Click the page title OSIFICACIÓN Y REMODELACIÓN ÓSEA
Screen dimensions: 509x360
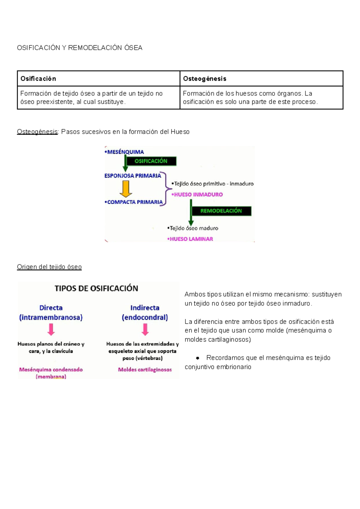pyautogui.click(x=79, y=48)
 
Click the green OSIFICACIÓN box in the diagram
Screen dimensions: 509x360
pyautogui.click(x=151, y=161)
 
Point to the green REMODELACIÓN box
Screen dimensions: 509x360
pyautogui.click(x=221, y=211)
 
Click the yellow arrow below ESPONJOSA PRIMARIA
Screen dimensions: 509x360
pyautogui.click(x=126, y=189)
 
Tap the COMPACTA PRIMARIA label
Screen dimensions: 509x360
pyautogui.click(x=134, y=202)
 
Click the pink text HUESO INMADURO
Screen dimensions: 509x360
pyautogui.click(x=198, y=195)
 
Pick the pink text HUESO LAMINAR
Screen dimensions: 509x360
pyautogui.click(x=191, y=239)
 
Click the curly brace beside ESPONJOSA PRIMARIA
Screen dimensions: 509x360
pyautogui.click(x=166, y=189)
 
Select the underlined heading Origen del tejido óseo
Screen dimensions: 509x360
pyautogui.click(x=49, y=267)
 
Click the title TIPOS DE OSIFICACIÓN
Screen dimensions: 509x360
pyautogui.click(x=96, y=289)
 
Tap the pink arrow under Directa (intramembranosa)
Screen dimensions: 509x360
pyautogui.click(x=51, y=330)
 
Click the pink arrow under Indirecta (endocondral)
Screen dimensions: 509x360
pyautogui.click(x=145, y=330)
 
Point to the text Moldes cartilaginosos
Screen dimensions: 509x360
pyautogui.click(x=145, y=370)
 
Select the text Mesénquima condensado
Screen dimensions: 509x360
pyautogui.click(x=51, y=370)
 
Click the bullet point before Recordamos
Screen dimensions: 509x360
pyautogui.click(x=197, y=358)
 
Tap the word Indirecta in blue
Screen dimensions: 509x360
pyautogui.click(x=145, y=308)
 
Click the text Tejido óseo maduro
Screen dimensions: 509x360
pyautogui.click(x=193, y=228)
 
